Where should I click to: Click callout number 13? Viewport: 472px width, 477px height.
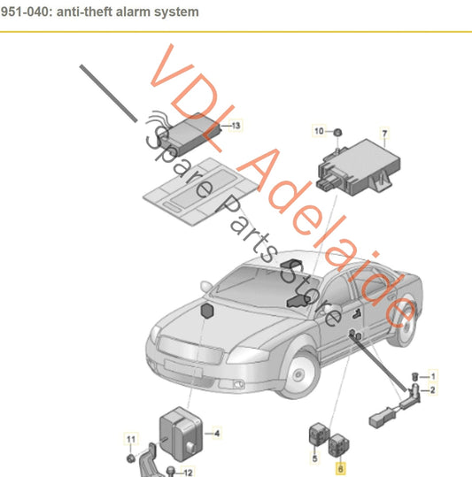(236, 127)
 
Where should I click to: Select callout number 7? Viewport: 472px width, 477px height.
(384, 135)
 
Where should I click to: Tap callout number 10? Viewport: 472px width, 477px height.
(320, 131)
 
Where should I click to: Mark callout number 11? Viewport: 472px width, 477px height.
(130, 440)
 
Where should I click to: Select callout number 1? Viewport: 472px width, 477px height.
(433, 376)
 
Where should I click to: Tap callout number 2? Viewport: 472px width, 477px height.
(433, 389)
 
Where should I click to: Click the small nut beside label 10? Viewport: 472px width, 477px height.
(338, 132)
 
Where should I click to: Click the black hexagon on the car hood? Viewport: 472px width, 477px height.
(208, 312)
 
